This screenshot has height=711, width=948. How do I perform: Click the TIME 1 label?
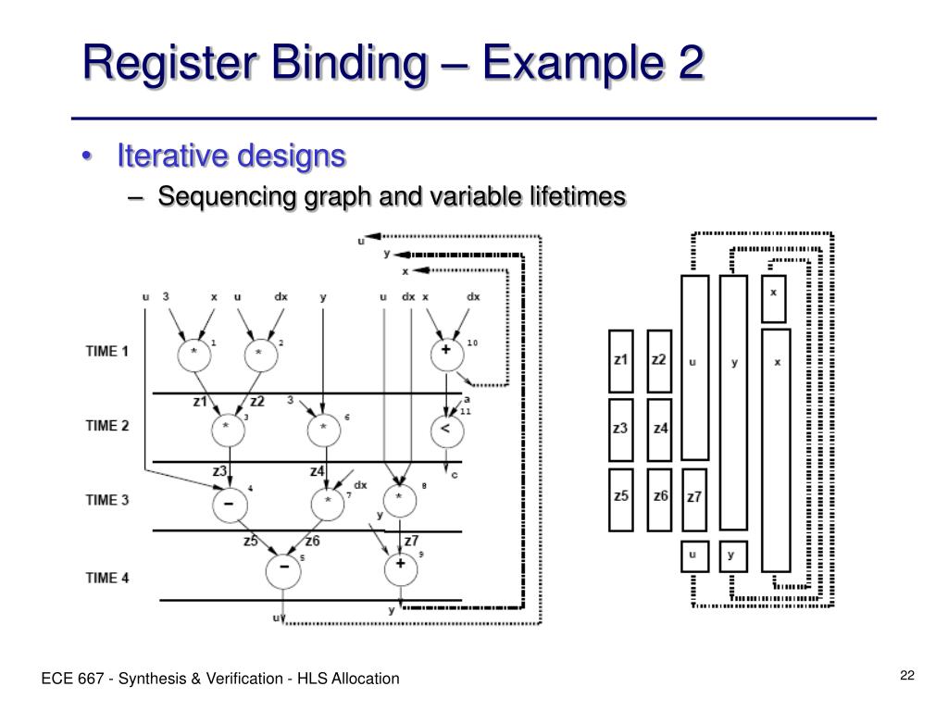point(107,351)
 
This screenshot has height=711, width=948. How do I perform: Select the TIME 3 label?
point(107,500)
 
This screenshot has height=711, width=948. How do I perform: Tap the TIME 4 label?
point(107,578)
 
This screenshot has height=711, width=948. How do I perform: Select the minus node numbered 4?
point(229,504)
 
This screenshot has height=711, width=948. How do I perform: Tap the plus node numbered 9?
point(400,565)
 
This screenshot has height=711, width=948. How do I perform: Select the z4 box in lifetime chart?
point(659,429)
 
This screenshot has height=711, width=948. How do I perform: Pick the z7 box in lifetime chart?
point(694,498)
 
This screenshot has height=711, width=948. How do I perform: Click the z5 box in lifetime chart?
point(620,498)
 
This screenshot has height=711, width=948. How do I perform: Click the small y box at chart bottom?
point(733,555)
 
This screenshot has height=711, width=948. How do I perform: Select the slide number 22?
point(906,675)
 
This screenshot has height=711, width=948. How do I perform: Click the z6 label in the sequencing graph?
point(312,541)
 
